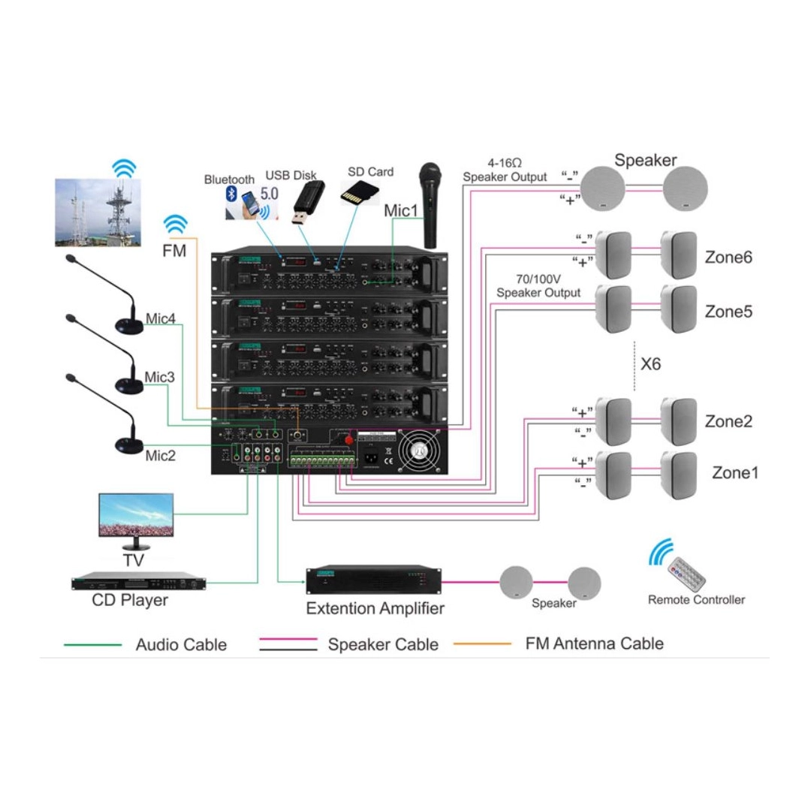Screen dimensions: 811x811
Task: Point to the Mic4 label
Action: pos(160,319)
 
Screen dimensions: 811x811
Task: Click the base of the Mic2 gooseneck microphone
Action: pos(130,445)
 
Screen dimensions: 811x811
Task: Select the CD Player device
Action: pos(138,583)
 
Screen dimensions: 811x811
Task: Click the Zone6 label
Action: pos(728,258)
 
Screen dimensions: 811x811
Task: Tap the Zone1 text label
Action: pos(735,473)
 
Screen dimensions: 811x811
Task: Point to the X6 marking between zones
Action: pos(651,364)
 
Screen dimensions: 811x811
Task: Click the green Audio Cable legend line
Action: pos(92,644)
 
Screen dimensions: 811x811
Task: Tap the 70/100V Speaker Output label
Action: pos(538,286)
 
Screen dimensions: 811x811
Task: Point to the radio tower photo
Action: pos(97,212)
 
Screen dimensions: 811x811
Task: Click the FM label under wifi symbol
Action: pos(174,252)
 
